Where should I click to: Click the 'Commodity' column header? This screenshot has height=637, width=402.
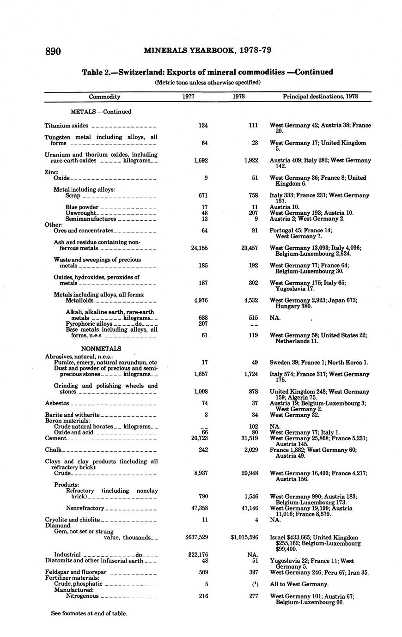click(x=104, y=97)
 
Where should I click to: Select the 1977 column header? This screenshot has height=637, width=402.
click(x=188, y=97)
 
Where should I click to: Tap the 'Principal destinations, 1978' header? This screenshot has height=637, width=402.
click(x=320, y=97)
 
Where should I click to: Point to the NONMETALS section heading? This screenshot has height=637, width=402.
click(x=101, y=349)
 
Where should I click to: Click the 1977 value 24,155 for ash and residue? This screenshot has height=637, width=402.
click(x=199, y=248)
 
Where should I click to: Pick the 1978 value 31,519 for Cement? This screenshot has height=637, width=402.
click(x=247, y=438)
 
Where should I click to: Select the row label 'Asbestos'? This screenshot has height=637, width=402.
click(x=57, y=403)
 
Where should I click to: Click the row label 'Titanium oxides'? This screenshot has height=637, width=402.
click(x=66, y=126)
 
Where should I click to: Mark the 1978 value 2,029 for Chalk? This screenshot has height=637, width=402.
click(x=250, y=450)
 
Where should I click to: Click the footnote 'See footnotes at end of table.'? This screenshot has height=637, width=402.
click(x=89, y=613)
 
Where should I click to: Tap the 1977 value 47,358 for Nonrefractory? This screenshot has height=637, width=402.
click(x=199, y=508)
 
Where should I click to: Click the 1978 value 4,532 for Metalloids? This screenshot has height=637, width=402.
click(x=250, y=300)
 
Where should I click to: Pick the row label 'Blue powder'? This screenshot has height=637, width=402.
click(x=82, y=207)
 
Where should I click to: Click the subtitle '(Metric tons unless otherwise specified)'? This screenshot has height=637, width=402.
click(x=207, y=83)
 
